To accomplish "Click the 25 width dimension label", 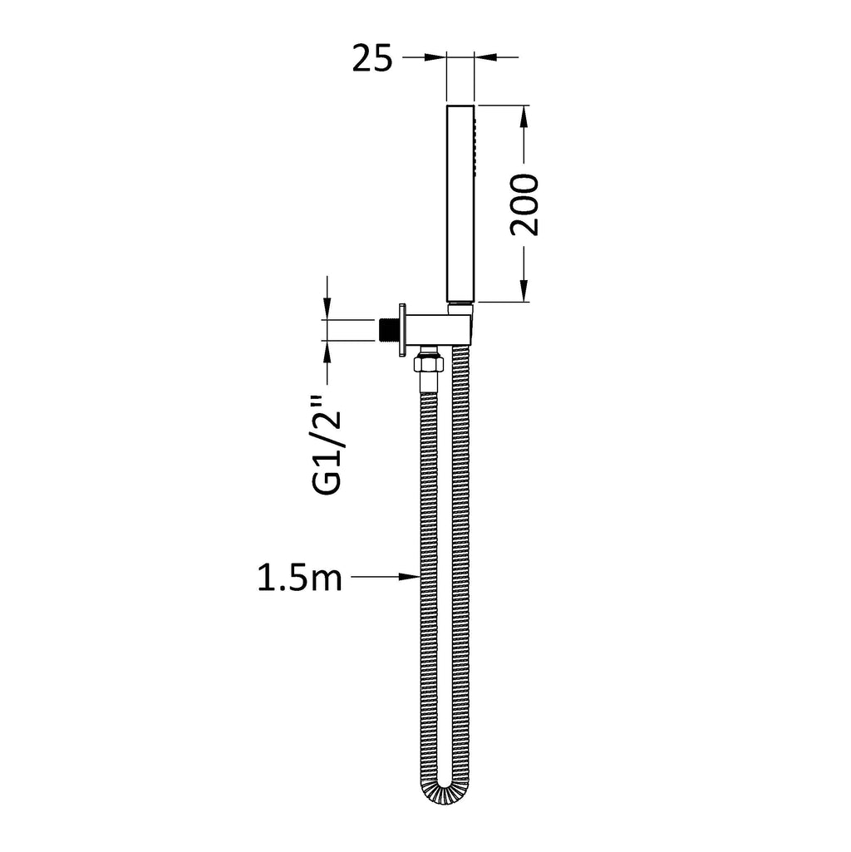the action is point(372,59).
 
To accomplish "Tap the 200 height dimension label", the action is point(525,204).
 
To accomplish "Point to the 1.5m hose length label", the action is point(299,578).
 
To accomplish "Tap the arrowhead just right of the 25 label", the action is point(435,57).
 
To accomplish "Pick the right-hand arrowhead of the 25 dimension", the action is point(485,57).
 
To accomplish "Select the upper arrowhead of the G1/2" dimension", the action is point(327,309).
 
